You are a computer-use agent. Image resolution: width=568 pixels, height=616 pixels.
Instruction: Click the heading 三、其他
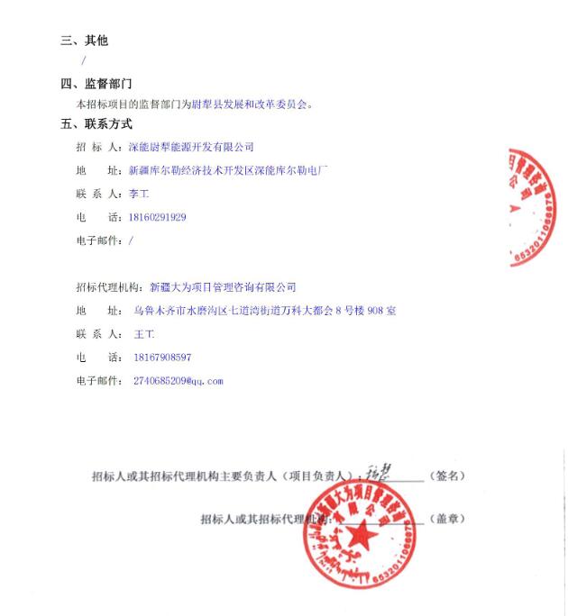coord(84,41)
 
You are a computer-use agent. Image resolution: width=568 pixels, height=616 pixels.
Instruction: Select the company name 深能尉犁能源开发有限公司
coord(192,147)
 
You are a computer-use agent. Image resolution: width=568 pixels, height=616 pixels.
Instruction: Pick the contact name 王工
coord(144,334)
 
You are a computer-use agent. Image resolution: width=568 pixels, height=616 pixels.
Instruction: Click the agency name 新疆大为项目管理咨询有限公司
coord(223,287)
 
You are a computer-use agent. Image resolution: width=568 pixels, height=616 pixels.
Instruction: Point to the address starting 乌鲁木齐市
coord(264,311)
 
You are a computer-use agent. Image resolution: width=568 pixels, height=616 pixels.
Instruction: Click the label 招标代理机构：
coord(110,287)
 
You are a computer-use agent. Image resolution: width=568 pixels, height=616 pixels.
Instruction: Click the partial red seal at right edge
coord(536,207)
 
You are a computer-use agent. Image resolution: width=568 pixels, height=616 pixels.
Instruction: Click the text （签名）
coord(448,476)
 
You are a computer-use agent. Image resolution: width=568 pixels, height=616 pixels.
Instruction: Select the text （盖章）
coord(448,519)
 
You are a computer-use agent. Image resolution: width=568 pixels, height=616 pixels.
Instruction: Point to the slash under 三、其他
coord(83,60)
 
